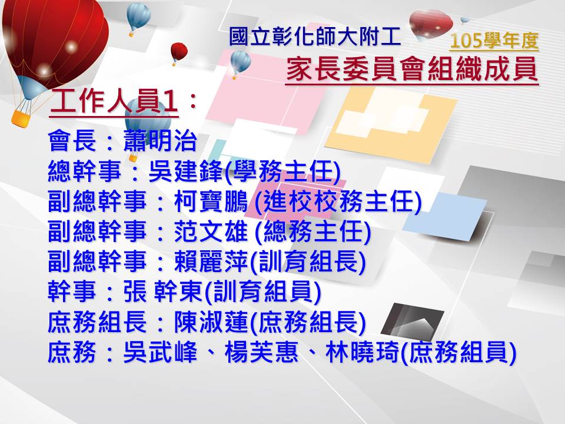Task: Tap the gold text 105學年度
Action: [494, 41]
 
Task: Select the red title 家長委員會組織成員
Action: [412, 69]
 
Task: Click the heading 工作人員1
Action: [114, 101]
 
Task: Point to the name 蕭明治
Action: [160, 141]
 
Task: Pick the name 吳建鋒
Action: [186, 171]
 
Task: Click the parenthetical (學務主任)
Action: [282, 171]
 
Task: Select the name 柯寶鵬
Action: [211, 201]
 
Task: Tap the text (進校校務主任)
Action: [338, 201]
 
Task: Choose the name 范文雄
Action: [211, 231]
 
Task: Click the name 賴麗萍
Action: [211, 261]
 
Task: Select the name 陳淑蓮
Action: [211, 322]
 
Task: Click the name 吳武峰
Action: [160, 352]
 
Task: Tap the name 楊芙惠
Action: [261, 352]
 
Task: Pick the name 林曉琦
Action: [363, 352]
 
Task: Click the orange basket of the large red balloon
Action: [20, 118]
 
